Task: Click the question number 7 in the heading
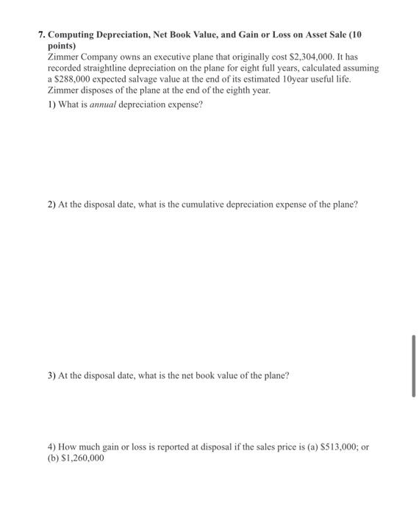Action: (x=41, y=35)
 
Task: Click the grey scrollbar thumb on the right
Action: (x=413, y=366)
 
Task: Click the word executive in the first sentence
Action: (x=146, y=56)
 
